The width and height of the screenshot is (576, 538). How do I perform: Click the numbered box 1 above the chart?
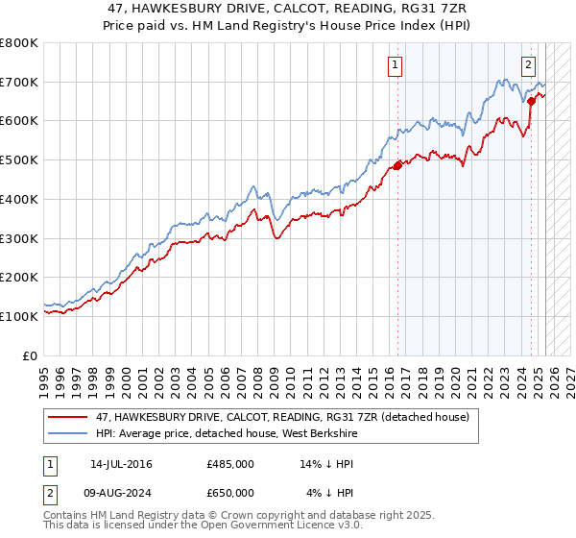396,65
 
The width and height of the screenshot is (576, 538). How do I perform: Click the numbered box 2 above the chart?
529,65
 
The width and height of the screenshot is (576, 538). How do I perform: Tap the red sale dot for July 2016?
397,166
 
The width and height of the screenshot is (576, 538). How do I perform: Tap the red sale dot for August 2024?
531,100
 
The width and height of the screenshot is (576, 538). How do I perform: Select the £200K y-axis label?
19,277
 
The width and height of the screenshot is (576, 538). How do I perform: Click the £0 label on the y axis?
29,355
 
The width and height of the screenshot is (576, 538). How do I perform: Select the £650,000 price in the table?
230,491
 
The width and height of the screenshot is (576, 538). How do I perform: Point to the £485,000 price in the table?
230,464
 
